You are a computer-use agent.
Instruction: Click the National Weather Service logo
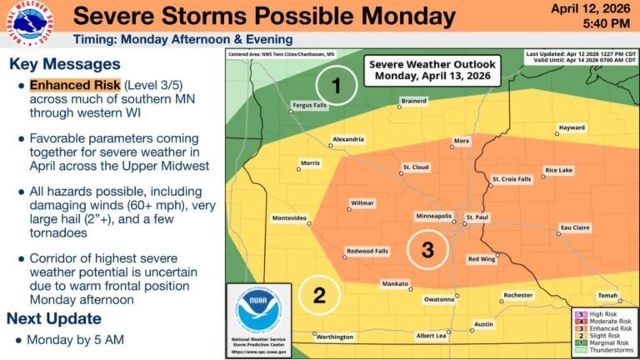[x=27, y=24]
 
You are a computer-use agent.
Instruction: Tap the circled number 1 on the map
[x=336, y=86]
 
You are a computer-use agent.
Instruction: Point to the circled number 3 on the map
[x=427, y=249]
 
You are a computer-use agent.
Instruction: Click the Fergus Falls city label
[x=311, y=107]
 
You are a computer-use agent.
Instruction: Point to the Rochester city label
[x=517, y=295]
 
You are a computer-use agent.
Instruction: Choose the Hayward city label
[x=571, y=127]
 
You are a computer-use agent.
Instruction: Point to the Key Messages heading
[x=65, y=64]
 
